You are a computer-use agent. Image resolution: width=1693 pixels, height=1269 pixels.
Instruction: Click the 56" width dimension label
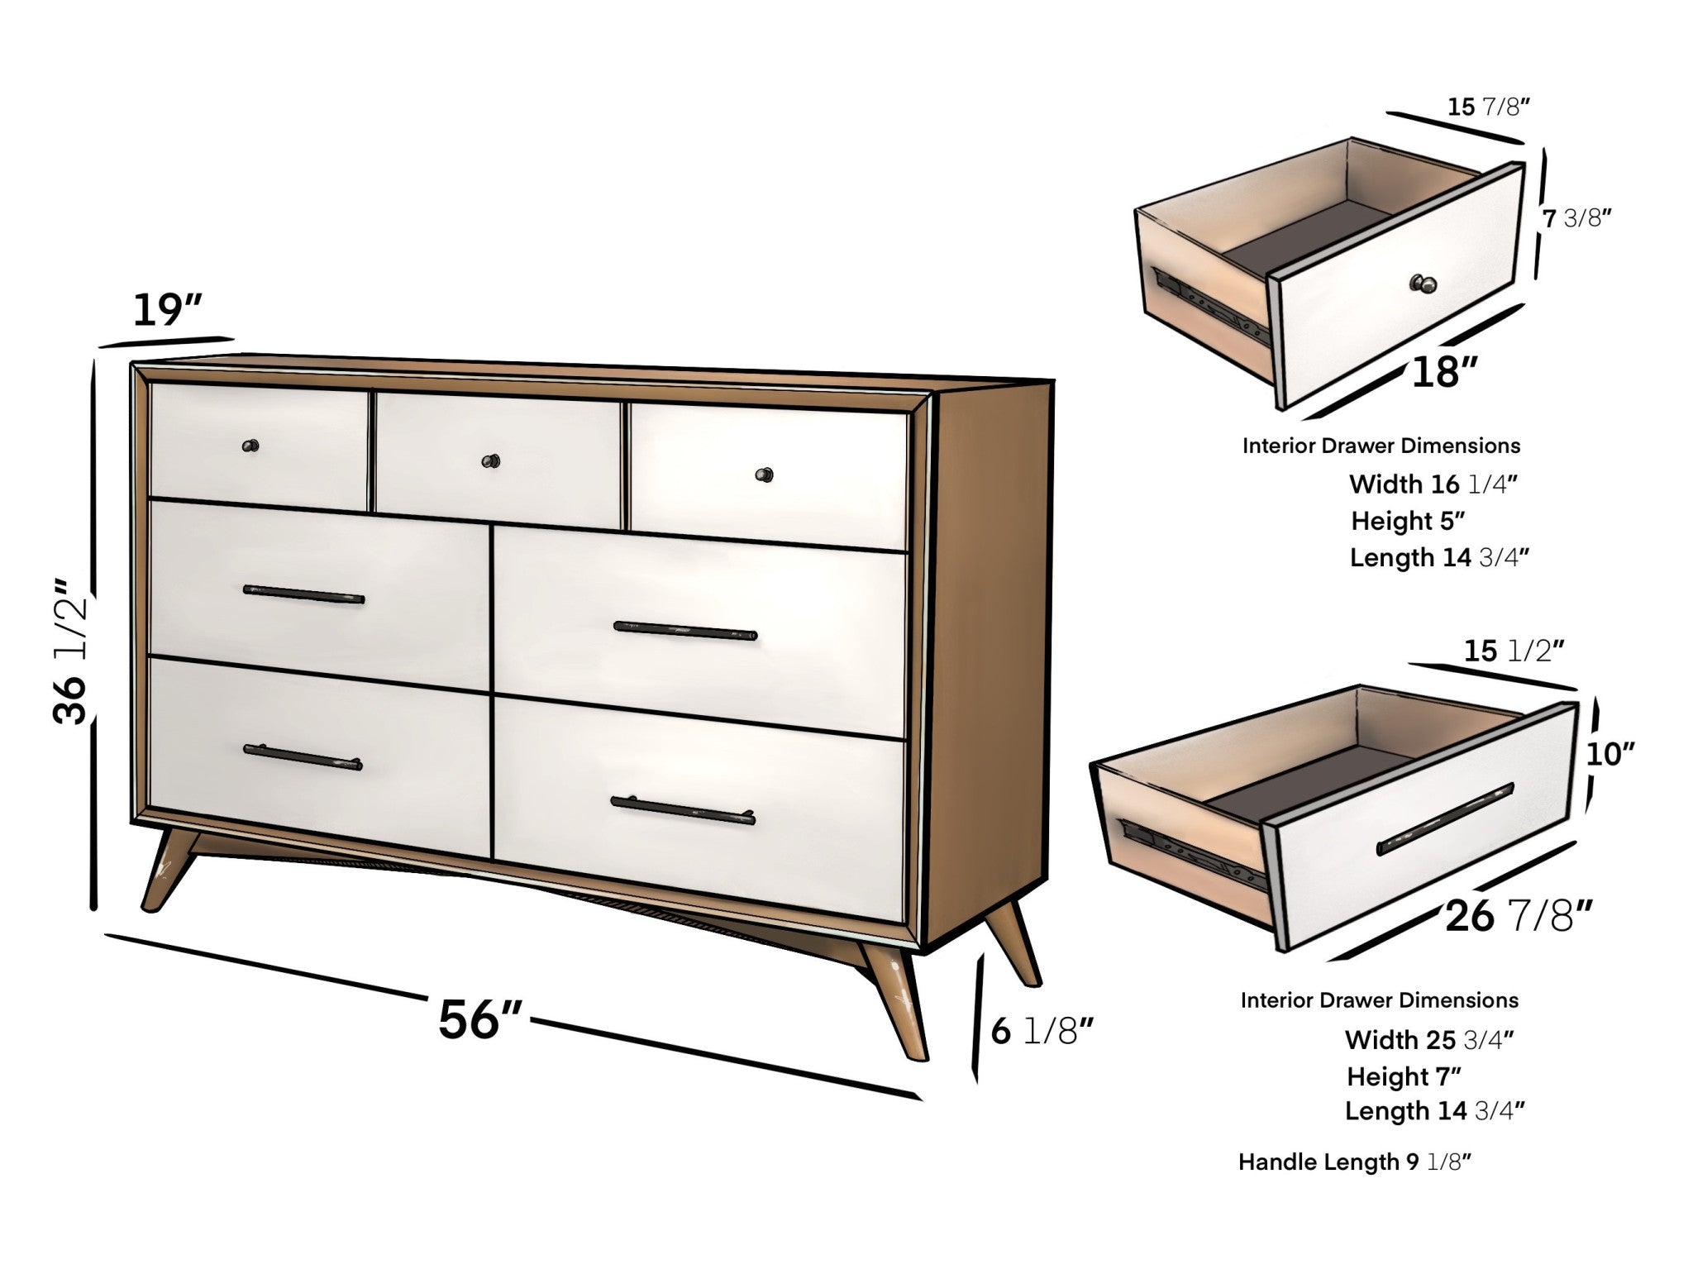pyautogui.click(x=479, y=1019)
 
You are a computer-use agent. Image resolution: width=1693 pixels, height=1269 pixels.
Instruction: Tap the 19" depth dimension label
pyautogui.click(x=168, y=311)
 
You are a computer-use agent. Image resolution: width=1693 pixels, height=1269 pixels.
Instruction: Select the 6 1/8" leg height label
pyautogui.click(x=1042, y=1031)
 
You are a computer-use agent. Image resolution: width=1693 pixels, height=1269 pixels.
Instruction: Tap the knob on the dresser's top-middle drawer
pyautogui.click(x=492, y=460)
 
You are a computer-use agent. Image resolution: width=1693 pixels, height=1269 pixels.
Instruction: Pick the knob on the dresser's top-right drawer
pyautogui.click(x=765, y=475)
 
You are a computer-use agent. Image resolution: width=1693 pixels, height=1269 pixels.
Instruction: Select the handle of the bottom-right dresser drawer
pyautogui.click(x=683, y=809)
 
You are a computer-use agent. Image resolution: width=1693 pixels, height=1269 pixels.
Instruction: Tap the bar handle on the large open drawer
pyautogui.click(x=1445, y=819)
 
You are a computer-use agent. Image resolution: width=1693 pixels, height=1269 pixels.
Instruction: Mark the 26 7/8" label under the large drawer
pyautogui.click(x=1519, y=917)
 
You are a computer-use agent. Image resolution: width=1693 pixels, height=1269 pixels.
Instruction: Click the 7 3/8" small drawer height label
pyautogui.click(x=1577, y=218)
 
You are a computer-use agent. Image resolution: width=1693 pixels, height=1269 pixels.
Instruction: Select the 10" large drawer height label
pyautogui.click(x=1610, y=754)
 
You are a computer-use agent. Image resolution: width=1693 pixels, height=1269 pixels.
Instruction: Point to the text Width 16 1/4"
pyautogui.click(x=1433, y=484)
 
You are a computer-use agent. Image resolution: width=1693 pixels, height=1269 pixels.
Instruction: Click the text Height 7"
pyautogui.click(x=1404, y=1076)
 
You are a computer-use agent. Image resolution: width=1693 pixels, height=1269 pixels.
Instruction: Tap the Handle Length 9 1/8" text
pyautogui.click(x=1355, y=1162)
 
